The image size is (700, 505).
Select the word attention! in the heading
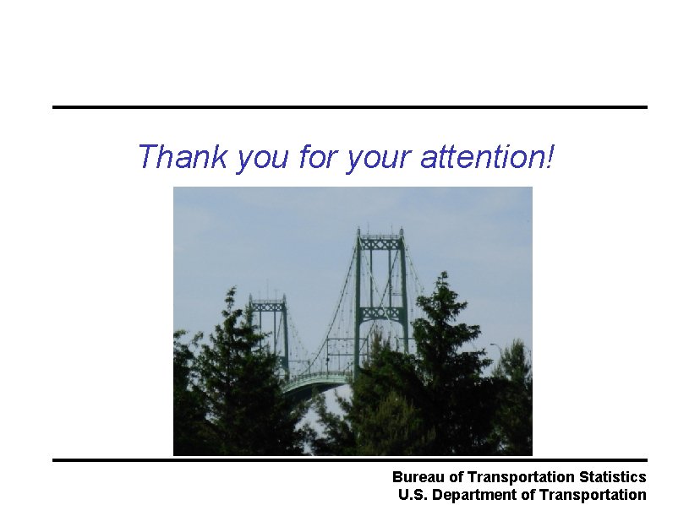coord(487,156)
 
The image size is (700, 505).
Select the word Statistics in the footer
coord(612,478)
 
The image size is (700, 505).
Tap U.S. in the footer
coord(413,495)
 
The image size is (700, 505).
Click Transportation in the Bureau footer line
coord(521,478)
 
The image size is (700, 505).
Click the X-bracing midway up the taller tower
coord(381,312)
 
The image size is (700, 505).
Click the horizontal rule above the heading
coord(349,107)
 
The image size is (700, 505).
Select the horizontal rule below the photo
coord(349,459)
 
